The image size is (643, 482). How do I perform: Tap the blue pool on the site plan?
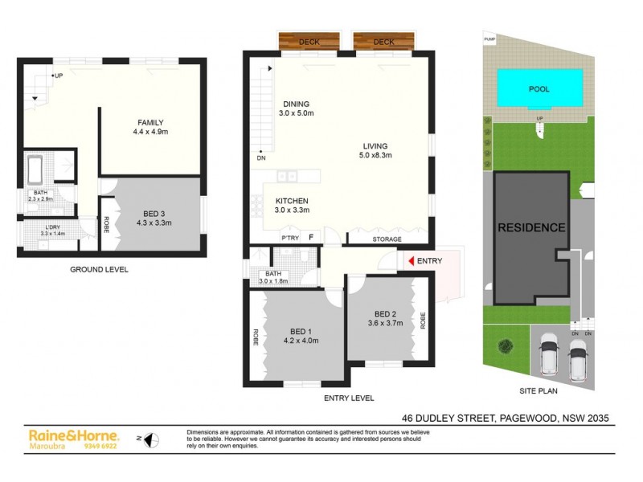click(539, 88)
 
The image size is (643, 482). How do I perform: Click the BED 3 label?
click(150, 214)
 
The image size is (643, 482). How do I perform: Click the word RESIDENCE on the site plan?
click(531, 227)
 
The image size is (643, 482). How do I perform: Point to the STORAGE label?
click(387, 239)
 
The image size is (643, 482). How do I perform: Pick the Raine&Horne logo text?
click(73, 435)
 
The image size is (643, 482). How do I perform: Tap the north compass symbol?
click(151, 439)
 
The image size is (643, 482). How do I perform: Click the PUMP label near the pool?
click(489, 39)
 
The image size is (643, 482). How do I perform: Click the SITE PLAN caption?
click(536, 391)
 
